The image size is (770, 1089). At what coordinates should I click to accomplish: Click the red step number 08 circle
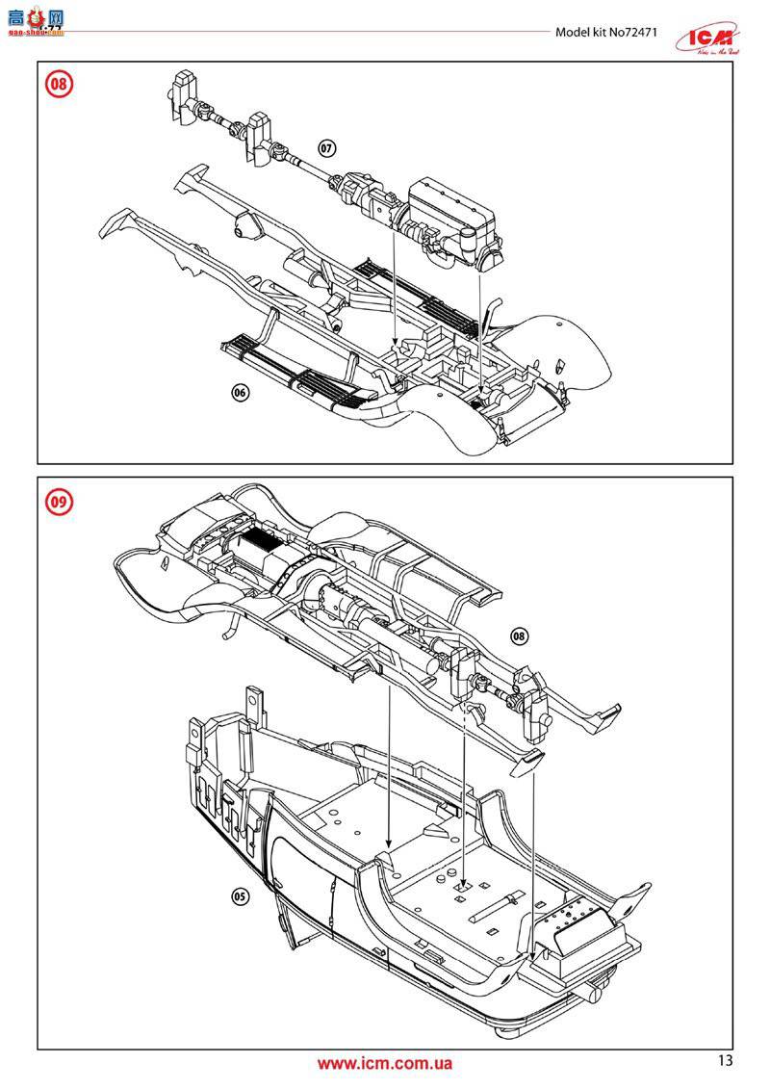(59, 84)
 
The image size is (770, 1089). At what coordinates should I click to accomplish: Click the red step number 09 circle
(59, 501)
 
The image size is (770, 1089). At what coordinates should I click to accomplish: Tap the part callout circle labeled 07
(327, 148)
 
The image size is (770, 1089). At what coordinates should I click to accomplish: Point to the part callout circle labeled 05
(241, 895)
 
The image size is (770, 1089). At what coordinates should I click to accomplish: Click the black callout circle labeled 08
(519, 635)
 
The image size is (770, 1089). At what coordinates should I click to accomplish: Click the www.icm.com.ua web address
(384, 1064)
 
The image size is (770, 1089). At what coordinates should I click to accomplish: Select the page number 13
(725, 1061)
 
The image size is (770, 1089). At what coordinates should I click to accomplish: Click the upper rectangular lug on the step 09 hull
(255, 701)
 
